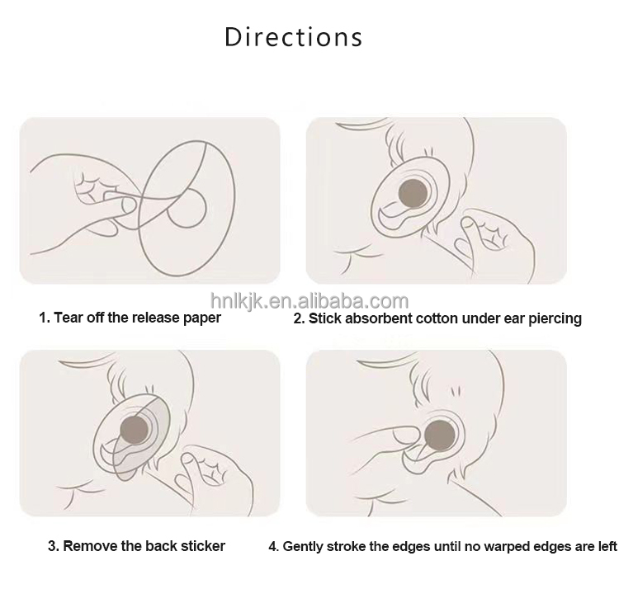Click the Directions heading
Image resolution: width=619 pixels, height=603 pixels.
coord(293,37)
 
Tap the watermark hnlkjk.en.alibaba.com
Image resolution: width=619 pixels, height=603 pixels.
coord(309,301)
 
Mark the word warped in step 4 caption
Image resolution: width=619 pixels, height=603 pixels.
coord(507,547)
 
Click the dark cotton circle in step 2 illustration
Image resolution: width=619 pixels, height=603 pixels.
coord(413,194)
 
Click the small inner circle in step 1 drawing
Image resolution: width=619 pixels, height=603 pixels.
coord(187,207)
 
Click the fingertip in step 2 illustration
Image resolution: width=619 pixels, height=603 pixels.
coord(469,224)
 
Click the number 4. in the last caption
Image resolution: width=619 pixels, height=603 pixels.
coord(273,547)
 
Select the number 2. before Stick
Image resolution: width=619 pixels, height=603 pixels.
coord(299,318)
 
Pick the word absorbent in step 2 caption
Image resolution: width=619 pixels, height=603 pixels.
coord(379,318)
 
